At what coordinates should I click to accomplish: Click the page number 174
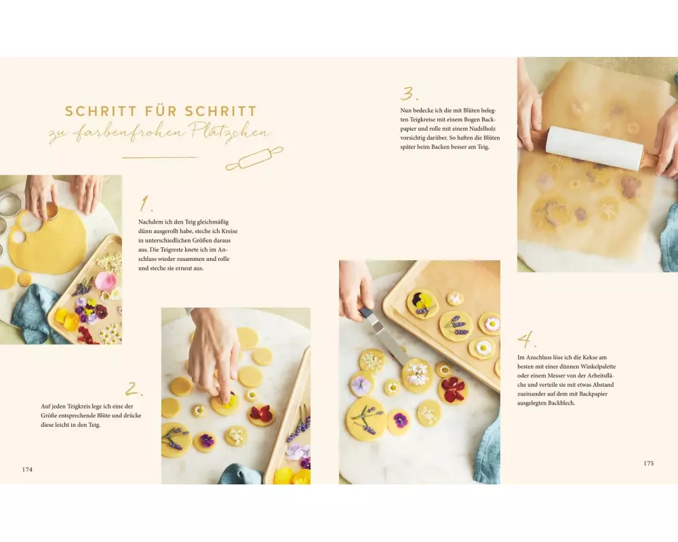pyautogui.click(x=27, y=470)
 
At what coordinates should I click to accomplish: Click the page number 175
pyautogui.click(x=649, y=463)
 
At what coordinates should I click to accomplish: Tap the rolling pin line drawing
pyautogui.click(x=254, y=159)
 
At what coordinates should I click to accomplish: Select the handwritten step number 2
pyautogui.click(x=134, y=389)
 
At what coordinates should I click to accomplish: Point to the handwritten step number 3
pyautogui.click(x=409, y=93)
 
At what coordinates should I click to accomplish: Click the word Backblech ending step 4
pyautogui.click(x=561, y=403)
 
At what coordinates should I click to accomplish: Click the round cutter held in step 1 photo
pyautogui.click(x=51, y=211)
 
